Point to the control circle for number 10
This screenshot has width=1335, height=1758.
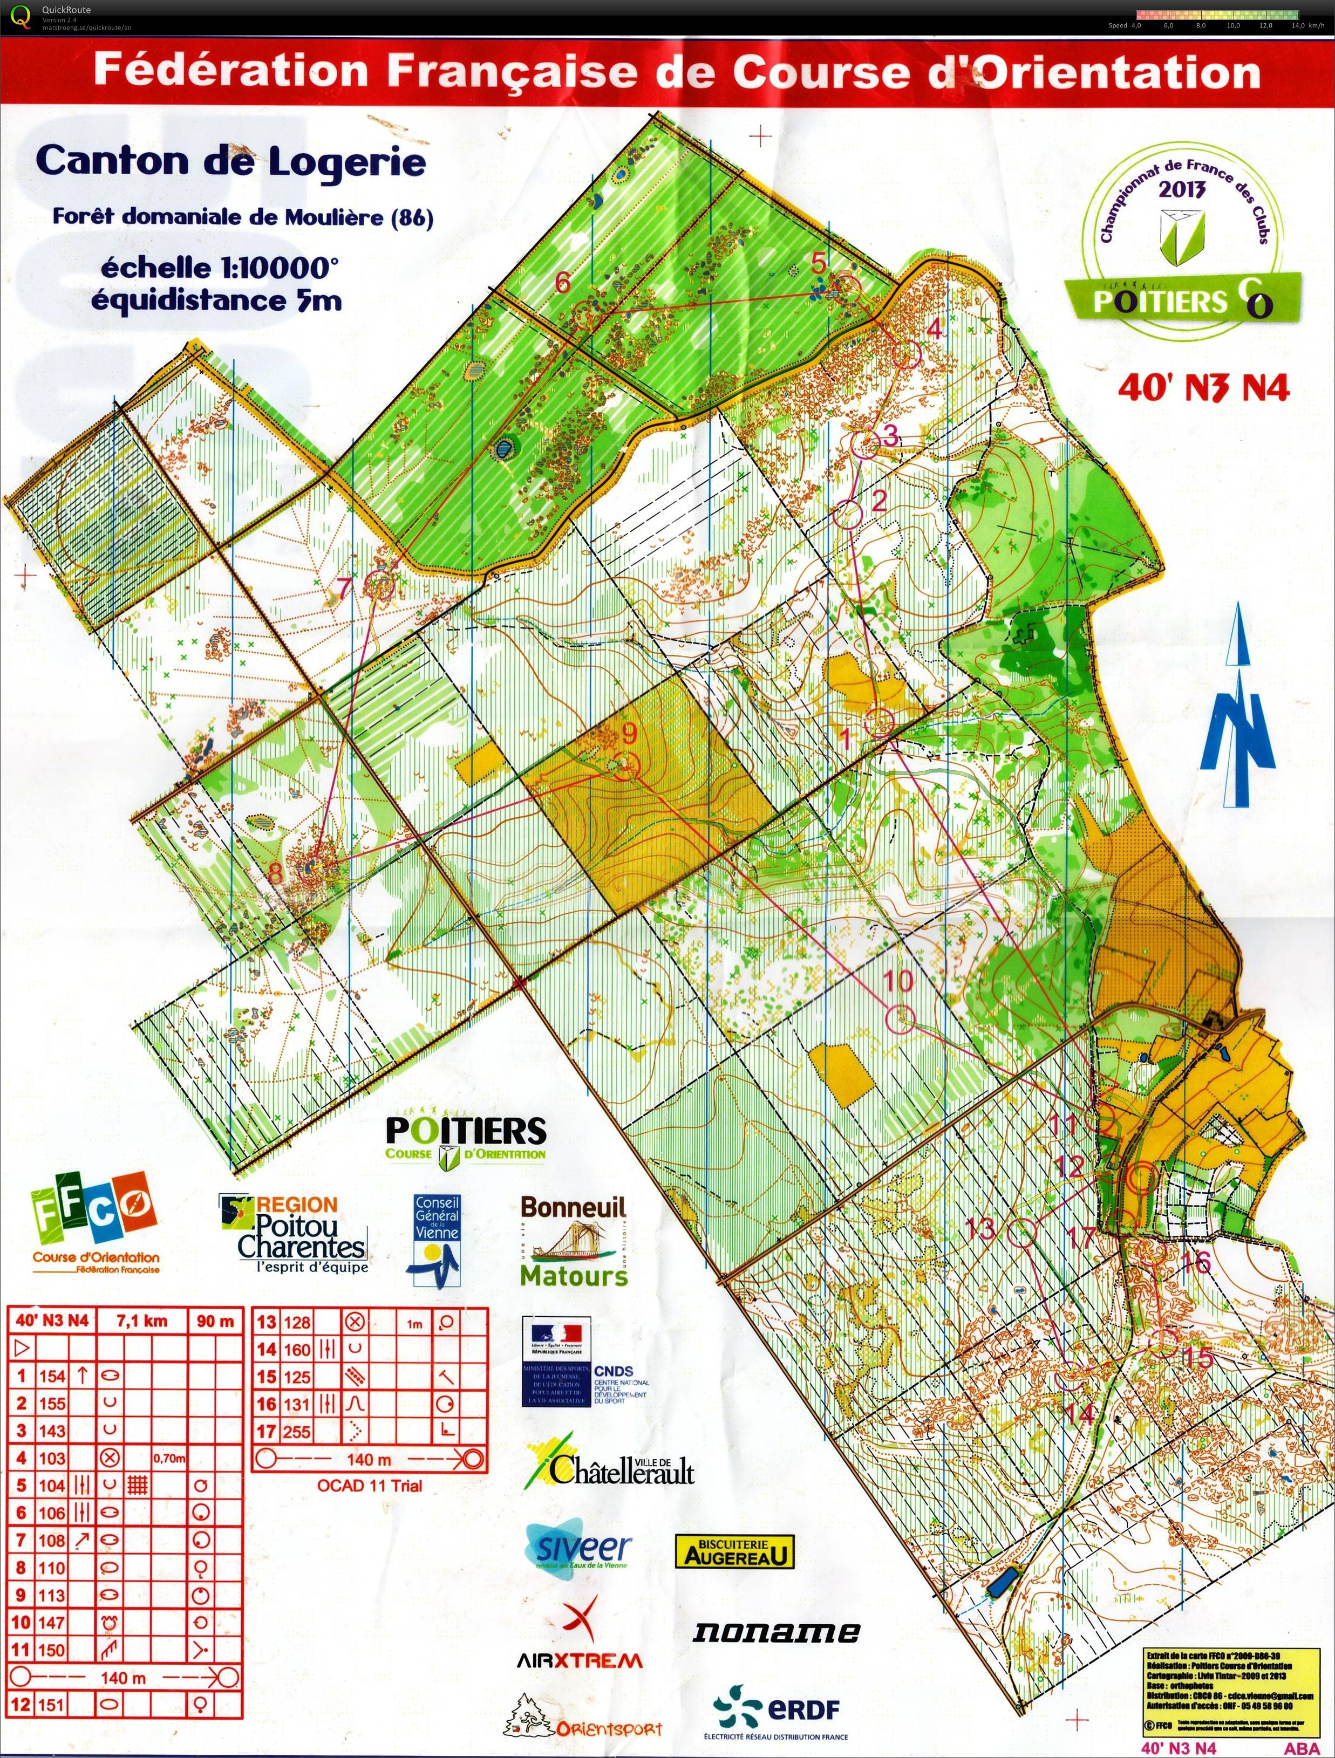pos(900,1018)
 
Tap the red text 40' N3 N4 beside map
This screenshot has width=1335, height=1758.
pos(1203,388)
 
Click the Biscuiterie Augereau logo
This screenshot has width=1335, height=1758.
pos(734,1550)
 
